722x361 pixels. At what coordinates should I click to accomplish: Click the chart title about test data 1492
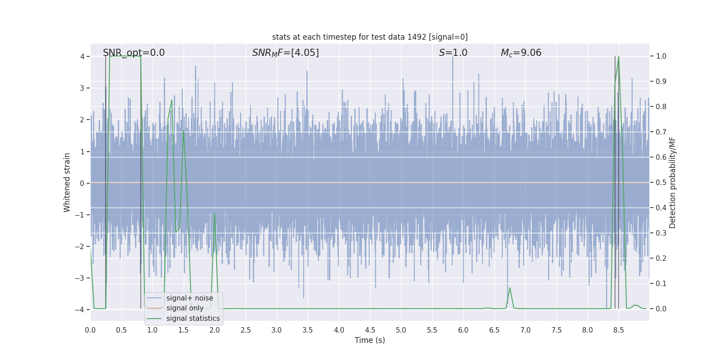tap(370, 37)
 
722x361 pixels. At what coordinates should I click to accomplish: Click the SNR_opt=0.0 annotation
tap(134, 53)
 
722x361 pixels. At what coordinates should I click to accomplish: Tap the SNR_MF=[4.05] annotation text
tap(285, 53)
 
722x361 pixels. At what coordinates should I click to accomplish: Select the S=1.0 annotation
tap(453, 53)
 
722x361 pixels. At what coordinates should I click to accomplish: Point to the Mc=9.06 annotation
tap(521, 53)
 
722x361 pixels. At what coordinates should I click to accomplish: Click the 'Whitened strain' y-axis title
tap(67, 182)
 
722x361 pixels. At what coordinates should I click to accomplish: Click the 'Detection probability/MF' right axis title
tap(672, 182)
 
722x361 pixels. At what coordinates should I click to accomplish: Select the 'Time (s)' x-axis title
tap(370, 340)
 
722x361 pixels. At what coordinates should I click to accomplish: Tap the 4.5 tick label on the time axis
tap(370, 330)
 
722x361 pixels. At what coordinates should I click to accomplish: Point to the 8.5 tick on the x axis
tap(619, 330)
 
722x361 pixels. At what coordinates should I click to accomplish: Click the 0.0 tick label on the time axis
tap(90, 330)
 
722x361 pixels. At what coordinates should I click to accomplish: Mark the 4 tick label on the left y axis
tap(82, 56)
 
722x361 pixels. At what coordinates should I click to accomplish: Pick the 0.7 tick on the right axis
tap(661, 132)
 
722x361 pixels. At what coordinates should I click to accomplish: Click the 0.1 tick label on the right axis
tap(661, 284)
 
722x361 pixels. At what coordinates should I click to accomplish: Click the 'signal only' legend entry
tap(185, 308)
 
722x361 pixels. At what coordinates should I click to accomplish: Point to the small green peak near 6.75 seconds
tap(510, 288)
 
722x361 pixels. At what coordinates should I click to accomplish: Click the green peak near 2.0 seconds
tap(214, 213)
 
